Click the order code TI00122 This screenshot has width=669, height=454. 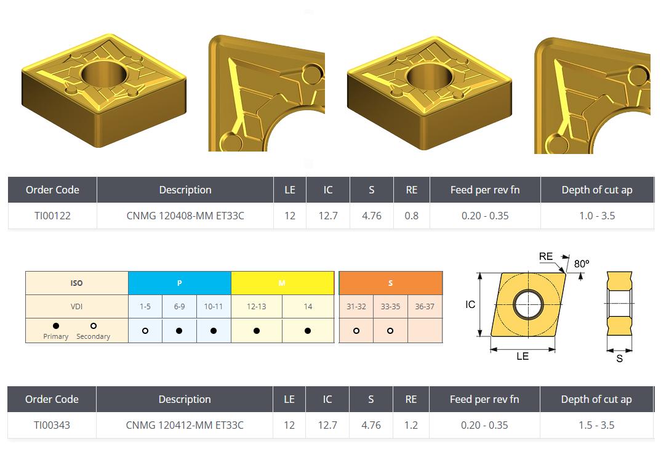(52, 216)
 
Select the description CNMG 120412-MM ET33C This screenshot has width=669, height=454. (184, 425)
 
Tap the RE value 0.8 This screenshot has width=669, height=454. (411, 216)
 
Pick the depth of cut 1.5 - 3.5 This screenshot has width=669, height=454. (596, 425)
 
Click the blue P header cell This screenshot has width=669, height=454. (180, 283)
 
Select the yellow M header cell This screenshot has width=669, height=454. (282, 283)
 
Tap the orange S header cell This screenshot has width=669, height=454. (390, 283)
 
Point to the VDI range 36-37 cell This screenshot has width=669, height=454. (425, 306)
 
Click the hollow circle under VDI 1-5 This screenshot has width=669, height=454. (145, 331)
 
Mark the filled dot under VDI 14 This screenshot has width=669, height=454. (308, 331)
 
